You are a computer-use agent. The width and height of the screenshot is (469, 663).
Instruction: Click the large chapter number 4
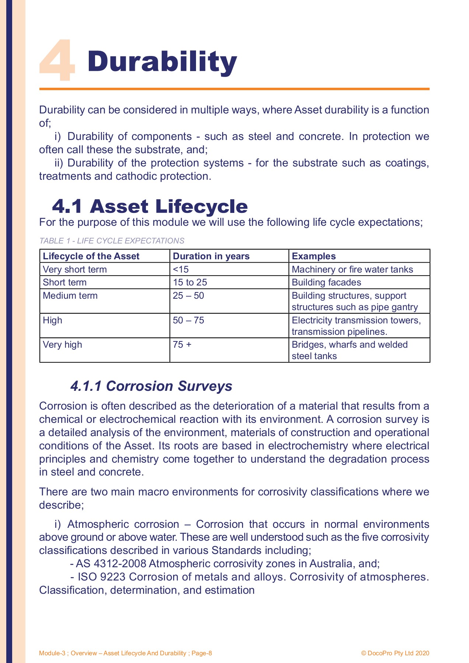coord(57,61)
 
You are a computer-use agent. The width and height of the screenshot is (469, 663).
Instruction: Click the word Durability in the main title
coord(162,62)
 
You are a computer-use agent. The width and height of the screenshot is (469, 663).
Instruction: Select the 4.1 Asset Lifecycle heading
coord(150,206)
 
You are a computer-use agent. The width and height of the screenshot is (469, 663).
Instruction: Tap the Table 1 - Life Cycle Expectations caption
coord(112,241)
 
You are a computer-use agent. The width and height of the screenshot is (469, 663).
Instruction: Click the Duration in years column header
coord(211,256)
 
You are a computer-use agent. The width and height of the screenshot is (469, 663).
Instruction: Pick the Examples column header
coord(314,256)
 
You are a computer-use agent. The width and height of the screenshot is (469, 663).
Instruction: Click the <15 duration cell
coord(181,269)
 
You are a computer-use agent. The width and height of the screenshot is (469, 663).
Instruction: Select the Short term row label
coord(64,283)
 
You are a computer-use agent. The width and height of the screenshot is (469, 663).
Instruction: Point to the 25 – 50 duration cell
coord(188,296)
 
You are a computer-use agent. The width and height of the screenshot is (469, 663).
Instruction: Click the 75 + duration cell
coord(182,345)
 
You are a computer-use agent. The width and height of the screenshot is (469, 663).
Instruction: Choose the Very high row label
coord(62,345)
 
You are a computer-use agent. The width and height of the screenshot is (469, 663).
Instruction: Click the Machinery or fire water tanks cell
coord(352,269)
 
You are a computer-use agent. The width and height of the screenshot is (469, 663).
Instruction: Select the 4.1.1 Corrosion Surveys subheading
coord(151,386)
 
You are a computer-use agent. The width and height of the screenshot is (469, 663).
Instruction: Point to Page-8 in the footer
coord(202,653)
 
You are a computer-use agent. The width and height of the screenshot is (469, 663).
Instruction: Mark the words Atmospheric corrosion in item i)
coord(123,524)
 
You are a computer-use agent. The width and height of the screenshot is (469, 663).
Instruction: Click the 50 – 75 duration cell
coord(188,320)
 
